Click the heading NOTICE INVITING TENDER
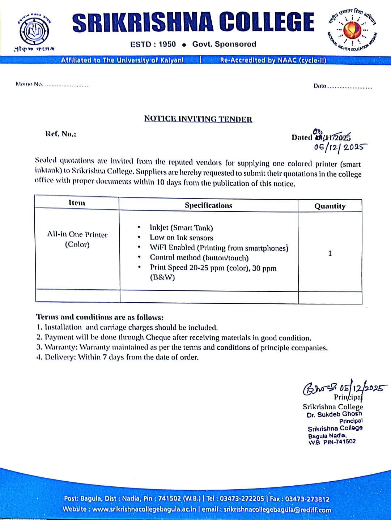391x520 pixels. tap(198, 119)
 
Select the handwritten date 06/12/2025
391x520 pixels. tap(340, 147)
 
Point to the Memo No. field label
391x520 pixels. tap(29, 84)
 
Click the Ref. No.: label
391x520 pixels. tap(61, 134)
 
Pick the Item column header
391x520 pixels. tap(77, 203)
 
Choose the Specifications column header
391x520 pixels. tap(208, 205)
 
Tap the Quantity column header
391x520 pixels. tap(330, 206)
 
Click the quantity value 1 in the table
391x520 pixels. tap(330, 253)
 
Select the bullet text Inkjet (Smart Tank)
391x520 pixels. tap(181, 227)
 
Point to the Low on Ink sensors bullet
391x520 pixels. tap(181, 238)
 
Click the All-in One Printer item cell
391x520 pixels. tap(77, 239)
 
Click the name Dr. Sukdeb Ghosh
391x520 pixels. tap(334, 414)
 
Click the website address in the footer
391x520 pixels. tap(144, 509)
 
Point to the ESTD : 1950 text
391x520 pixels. tap(153, 44)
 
